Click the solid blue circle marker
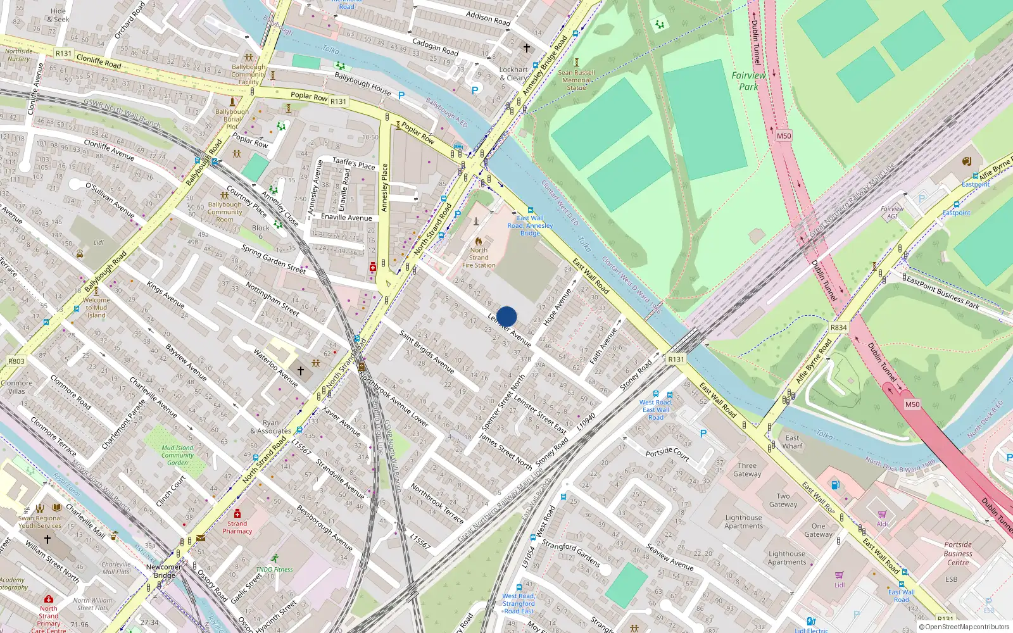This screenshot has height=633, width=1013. pos(507,316)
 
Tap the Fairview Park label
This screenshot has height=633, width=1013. pos(748,81)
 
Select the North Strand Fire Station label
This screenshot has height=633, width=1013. pos(479,258)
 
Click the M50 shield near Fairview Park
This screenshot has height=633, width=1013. pos(784,136)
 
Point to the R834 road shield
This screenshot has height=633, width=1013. pos(838,327)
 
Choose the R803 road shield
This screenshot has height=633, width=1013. pos(16,361)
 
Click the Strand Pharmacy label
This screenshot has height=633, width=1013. pos(237,527)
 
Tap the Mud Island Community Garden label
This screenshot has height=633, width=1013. pos(177,455)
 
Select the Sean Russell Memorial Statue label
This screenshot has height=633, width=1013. pos(576,80)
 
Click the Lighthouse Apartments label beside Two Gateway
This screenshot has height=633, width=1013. pos(744,522)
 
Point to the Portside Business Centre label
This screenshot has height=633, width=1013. pos(958,553)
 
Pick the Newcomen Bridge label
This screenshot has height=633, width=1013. pos(164,571)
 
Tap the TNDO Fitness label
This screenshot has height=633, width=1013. pos(274,569)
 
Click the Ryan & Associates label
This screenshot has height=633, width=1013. pos(270,427)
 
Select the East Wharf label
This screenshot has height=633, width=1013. pos(792,442)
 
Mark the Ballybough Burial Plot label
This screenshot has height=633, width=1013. pos(232,119)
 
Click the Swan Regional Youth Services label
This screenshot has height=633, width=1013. pos(40,522)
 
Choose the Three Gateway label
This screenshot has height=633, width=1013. pos(747,470)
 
